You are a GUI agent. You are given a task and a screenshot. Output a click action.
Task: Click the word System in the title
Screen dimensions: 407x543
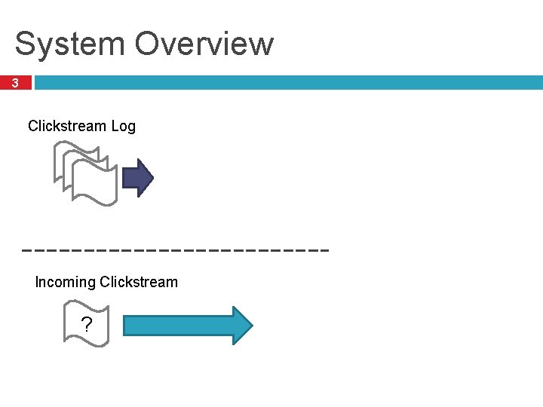point(70,44)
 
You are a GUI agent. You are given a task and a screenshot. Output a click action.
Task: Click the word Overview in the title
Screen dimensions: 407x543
point(204,44)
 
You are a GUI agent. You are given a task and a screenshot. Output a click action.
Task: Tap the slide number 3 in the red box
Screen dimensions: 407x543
point(15,83)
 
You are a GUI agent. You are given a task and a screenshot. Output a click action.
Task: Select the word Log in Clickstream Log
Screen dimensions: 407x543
point(123,126)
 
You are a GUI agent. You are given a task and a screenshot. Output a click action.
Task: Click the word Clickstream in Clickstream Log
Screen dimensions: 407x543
point(67,126)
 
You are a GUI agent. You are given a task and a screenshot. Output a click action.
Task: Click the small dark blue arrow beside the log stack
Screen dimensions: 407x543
point(137,179)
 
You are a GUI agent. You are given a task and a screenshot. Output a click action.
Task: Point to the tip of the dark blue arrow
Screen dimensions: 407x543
point(152,179)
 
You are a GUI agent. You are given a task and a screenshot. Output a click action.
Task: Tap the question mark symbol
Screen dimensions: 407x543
point(87,325)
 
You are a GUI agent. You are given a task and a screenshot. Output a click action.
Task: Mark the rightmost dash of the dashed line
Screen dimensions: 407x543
point(324,248)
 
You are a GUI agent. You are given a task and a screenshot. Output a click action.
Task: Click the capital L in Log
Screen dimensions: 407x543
point(115,126)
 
